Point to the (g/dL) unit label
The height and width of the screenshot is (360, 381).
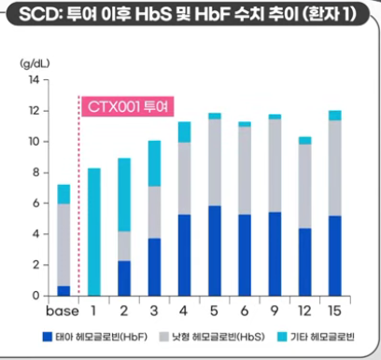tap(35, 66)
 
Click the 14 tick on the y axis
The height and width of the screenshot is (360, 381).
tap(34, 80)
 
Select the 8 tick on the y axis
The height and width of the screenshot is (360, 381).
tap(35, 173)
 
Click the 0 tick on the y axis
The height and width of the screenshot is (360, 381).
tap(35, 296)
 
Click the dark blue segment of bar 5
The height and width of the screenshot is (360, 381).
tap(215, 250)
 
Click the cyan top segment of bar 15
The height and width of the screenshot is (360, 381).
tap(334, 116)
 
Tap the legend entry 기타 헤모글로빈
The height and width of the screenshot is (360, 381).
tap(322, 335)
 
